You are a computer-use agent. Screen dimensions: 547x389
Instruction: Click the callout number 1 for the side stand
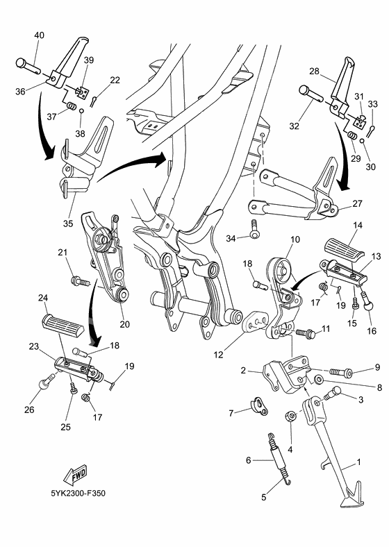pyautogui.click(x=358, y=462)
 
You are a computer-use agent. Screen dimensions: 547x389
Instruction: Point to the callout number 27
pyautogui.click(x=358, y=204)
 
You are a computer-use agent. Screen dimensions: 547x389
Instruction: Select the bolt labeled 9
pyautogui.click(x=340, y=369)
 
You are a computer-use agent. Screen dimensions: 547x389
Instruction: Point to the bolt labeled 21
pyautogui.click(x=78, y=281)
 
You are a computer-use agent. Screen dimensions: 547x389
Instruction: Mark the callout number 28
pyautogui.click(x=313, y=72)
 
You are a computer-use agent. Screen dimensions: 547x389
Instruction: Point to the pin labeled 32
pyautogui.click(x=308, y=92)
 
